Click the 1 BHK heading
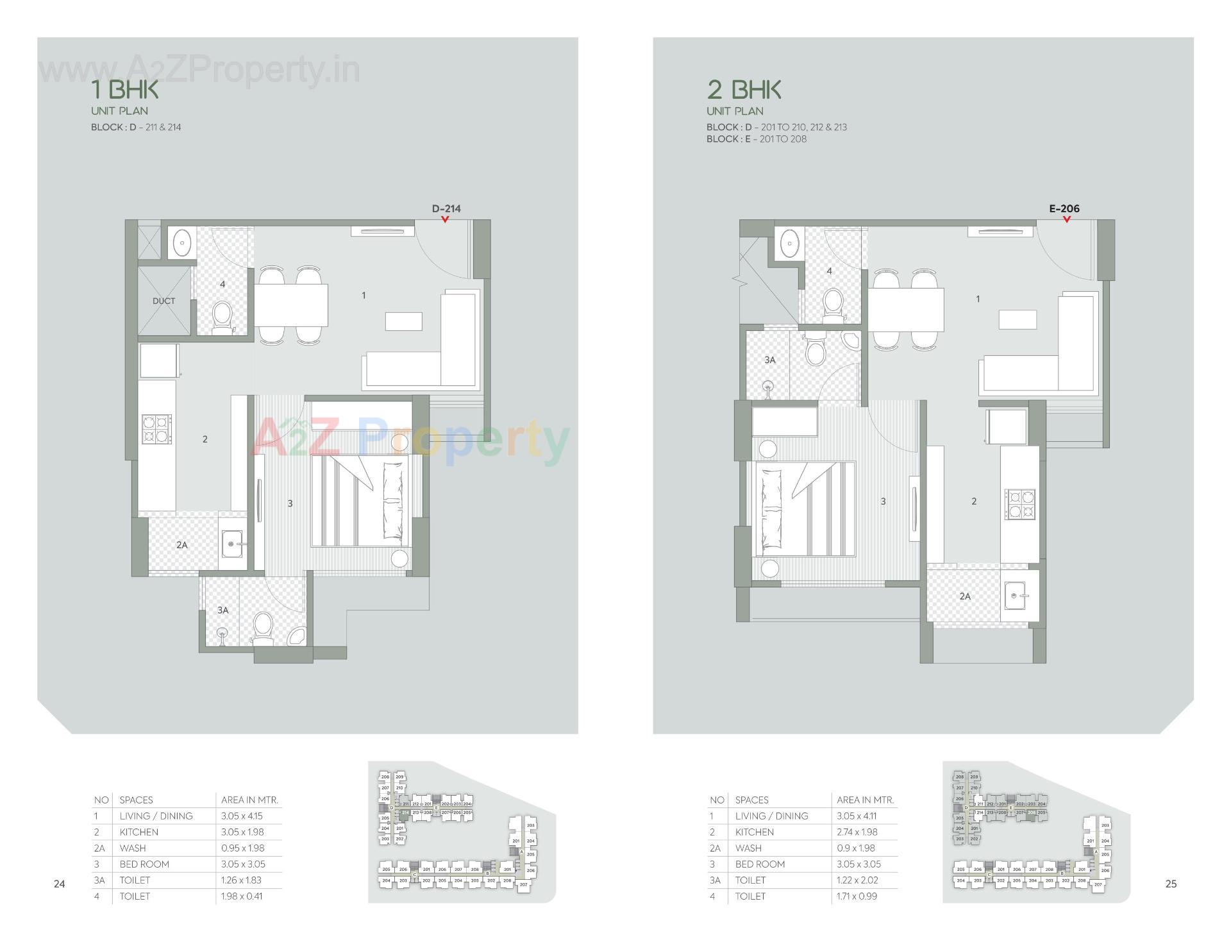tap(124, 89)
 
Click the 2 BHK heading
tap(744, 89)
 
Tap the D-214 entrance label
tap(446, 208)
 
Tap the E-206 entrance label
tap(1064, 208)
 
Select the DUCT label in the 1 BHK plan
tap(163, 301)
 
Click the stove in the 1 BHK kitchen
tap(157, 429)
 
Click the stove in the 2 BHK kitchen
tap(1019, 504)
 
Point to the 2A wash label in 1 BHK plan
tap(182, 545)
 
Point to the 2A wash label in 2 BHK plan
tap(965, 596)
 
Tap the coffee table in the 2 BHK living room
tap(1017, 319)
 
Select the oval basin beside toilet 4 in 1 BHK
tap(183, 243)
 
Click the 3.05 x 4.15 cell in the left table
tap(242, 816)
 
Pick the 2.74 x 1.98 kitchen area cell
tap(857, 832)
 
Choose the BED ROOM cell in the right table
tap(760, 864)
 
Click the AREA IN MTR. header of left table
tap(249, 800)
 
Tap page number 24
tap(59, 884)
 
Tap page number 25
tap(1171, 884)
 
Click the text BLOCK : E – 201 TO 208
tap(756, 139)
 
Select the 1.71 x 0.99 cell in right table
tap(857, 896)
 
